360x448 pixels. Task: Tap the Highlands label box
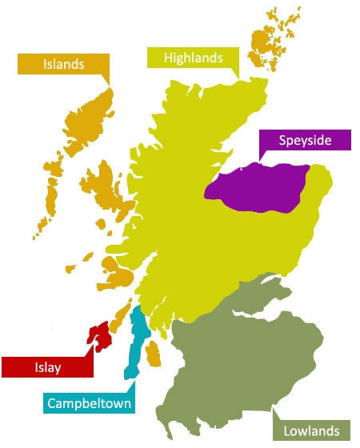[193, 58]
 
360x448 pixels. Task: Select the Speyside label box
[305, 141]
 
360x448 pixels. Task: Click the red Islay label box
[46, 367]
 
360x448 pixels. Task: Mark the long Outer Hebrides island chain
[76, 144]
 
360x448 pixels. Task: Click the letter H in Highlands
[169, 58]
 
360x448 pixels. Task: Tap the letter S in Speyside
[282, 141]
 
